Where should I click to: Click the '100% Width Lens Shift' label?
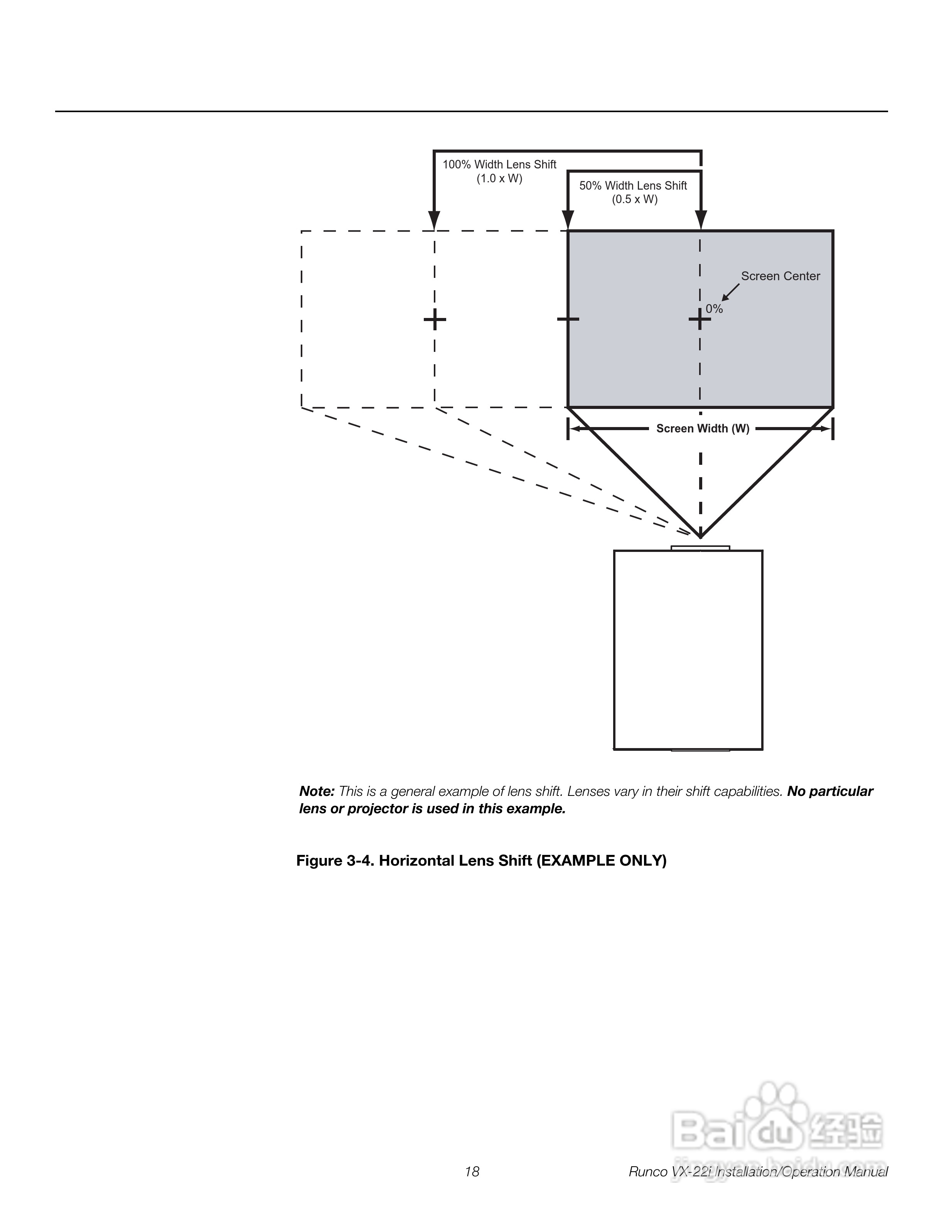[x=499, y=164]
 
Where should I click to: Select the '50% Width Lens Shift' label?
[x=633, y=186]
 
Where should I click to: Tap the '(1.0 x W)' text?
[x=499, y=179]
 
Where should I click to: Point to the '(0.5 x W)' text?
[x=635, y=200]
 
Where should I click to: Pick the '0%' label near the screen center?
[x=714, y=309]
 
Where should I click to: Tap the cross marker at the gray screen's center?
[x=700, y=319]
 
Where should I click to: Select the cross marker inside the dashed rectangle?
[x=435, y=319]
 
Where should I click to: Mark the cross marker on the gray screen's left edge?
[x=568, y=319]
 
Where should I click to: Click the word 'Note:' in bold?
[x=317, y=791]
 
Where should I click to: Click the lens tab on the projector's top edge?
[x=700, y=548]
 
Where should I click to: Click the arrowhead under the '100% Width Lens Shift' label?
[x=434, y=220]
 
